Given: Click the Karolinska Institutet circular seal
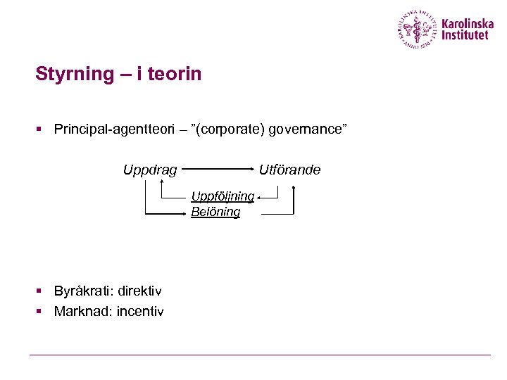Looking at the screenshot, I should (x=418, y=29).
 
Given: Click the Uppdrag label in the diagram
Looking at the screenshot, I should (x=150, y=170).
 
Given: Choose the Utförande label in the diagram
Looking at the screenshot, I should (x=289, y=170).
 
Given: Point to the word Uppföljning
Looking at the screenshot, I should (x=223, y=196).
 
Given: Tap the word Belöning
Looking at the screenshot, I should (x=215, y=211).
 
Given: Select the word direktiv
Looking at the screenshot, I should (x=140, y=291).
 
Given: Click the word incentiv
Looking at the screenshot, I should (x=139, y=310).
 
